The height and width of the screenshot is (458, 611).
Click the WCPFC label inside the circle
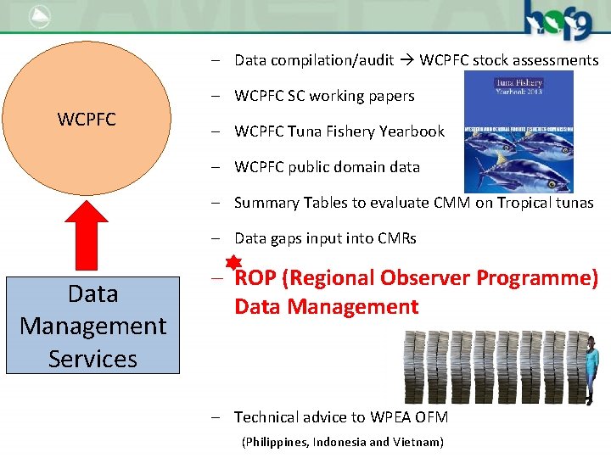click(87, 119)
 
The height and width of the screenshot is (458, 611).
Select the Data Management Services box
click(92, 326)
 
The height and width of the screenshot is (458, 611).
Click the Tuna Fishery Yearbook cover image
click(519, 131)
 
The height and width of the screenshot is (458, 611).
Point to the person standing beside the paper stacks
click(591, 368)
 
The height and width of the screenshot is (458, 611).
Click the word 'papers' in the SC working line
click(390, 96)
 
